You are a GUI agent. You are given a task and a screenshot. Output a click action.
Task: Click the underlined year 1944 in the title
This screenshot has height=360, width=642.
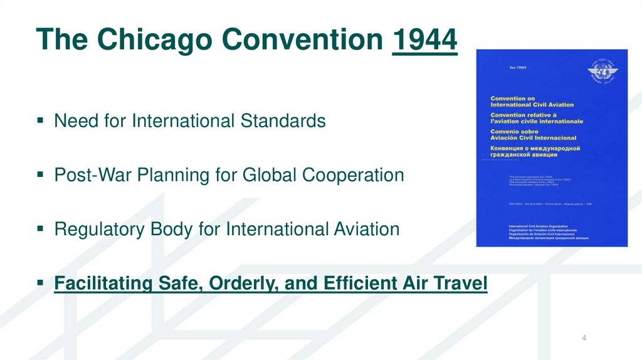pos(424,40)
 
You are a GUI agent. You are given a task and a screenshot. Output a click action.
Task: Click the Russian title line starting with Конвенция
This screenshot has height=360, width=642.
pos(535,149)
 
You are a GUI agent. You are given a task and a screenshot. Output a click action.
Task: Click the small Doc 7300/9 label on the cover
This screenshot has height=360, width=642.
pos(500,67)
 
